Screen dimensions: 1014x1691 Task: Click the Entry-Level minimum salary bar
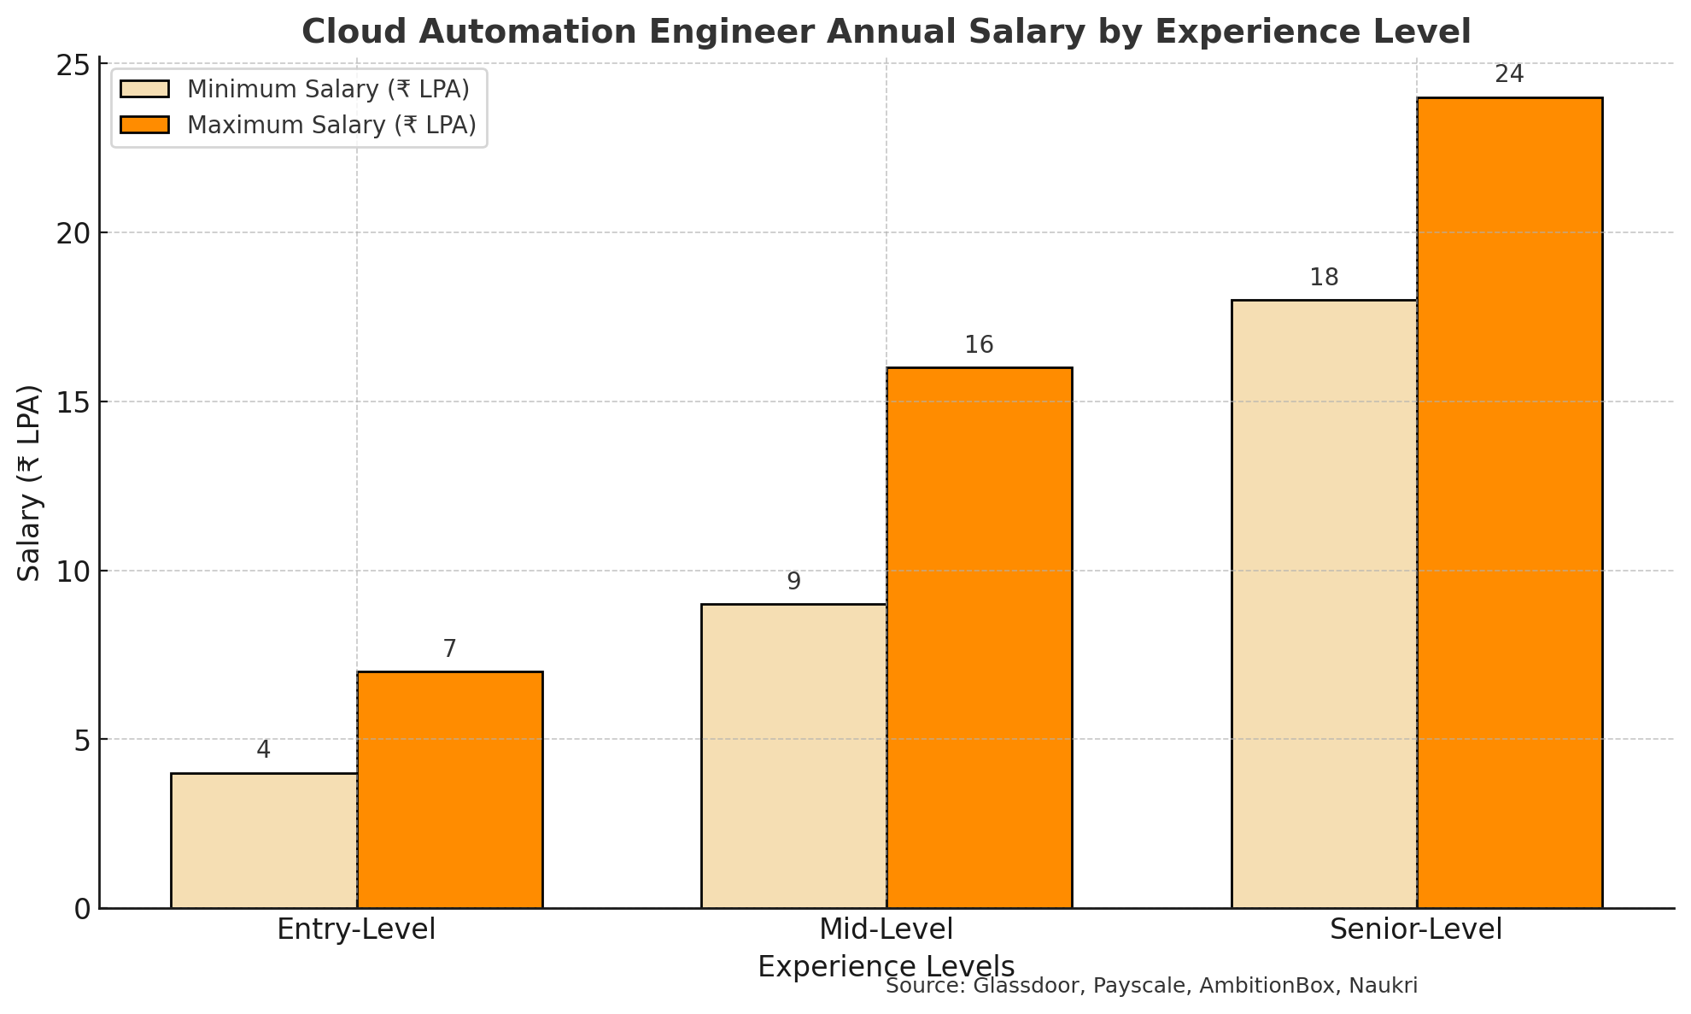coord(264,841)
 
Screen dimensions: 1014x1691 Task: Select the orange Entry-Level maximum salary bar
coord(449,789)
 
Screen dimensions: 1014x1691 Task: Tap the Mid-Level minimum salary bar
coord(793,756)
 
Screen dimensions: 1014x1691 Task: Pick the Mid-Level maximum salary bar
coord(979,637)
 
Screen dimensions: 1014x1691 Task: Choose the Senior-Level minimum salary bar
coord(1324,604)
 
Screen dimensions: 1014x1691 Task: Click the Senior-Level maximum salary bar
coord(1509,502)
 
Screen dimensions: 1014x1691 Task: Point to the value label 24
coord(1509,75)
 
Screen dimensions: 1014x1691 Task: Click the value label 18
coord(1324,278)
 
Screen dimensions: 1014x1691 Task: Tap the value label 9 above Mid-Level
coord(793,582)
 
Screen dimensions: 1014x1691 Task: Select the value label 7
coord(449,649)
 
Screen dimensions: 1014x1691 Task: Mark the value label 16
coord(979,345)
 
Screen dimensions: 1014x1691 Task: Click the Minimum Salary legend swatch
coord(145,90)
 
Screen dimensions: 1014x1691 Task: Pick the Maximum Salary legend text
coord(331,126)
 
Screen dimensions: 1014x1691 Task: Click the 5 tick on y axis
coord(82,740)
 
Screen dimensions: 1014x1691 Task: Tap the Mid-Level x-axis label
coord(886,929)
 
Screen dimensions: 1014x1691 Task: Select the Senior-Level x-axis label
coord(1416,929)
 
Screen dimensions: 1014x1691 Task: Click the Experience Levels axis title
coord(886,967)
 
